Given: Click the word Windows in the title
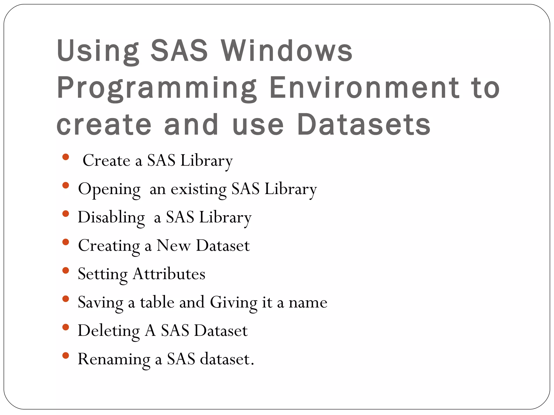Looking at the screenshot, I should point(287,51).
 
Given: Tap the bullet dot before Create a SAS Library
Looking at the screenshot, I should point(65,157).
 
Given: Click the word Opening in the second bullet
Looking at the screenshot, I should point(109,189).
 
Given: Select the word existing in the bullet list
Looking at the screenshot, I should point(199,189).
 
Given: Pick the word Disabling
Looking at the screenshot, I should point(111,217).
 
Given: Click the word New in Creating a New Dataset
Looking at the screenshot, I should point(174,246).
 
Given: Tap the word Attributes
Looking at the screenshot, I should point(169,274).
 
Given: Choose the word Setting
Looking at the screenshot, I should point(103,275).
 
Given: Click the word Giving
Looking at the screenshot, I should point(234,303).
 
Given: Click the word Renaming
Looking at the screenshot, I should point(114,359).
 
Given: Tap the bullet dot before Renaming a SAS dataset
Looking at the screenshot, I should point(65,356).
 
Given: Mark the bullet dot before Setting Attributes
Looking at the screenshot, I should point(65,270).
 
